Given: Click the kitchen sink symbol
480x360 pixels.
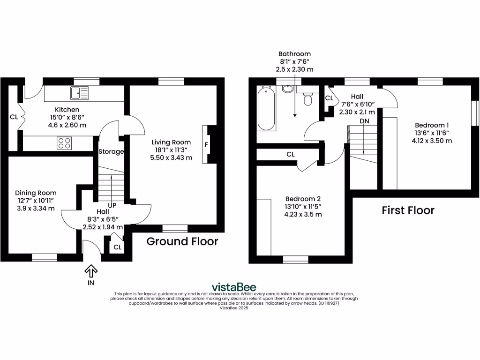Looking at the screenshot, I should (79, 93).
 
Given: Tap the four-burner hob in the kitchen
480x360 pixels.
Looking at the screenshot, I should (64, 143).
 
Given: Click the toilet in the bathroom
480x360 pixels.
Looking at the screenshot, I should (308, 99).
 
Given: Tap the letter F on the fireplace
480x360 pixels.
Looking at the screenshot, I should (206, 145).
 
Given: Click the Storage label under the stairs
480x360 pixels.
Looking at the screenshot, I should (111, 151).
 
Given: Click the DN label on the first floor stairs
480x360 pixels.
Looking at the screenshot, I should (364, 121).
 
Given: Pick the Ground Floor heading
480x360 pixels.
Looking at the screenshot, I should (182, 241).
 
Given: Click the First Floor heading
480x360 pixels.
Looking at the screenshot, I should (407, 210).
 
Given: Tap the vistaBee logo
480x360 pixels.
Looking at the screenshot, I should (234, 287).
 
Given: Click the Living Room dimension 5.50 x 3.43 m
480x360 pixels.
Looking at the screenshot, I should (171, 158).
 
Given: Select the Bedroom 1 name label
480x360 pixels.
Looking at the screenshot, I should (432, 125).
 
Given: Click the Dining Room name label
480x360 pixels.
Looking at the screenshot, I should (36, 193).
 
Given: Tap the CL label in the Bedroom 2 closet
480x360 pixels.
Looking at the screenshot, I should (291, 154).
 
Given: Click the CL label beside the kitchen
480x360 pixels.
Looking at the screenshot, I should (14, 117).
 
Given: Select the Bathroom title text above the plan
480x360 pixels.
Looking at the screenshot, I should (294, 54).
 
